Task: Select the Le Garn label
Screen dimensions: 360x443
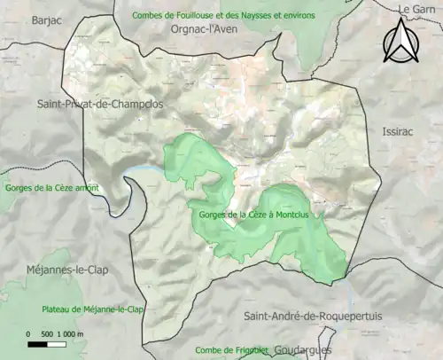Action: coord(418,9)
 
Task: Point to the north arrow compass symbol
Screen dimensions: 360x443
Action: coord(400,42)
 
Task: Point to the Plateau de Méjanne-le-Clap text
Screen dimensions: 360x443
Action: coord(92,309)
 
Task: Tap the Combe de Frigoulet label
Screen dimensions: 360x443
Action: coord(232,350)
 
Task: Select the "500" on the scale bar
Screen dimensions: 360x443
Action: coord(44,333)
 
